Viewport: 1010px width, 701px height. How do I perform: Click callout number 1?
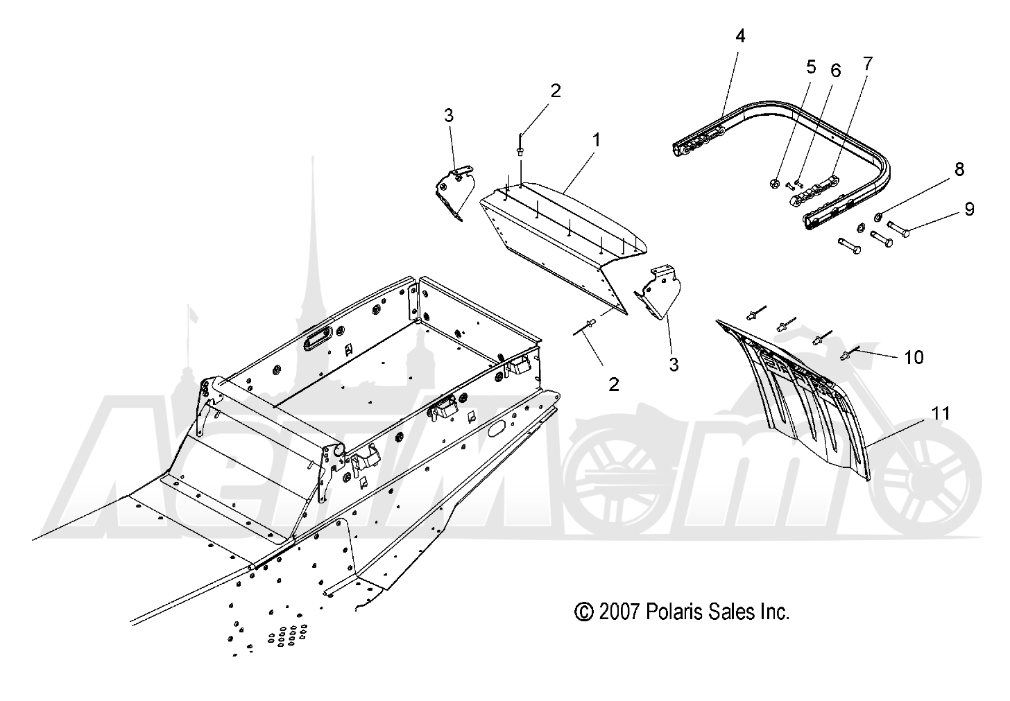[x=597, y=140]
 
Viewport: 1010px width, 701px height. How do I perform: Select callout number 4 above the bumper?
[x=740, y=35]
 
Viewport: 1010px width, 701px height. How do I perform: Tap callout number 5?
[x=811, y=67]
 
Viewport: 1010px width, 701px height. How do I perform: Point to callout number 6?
[x=835, y=70]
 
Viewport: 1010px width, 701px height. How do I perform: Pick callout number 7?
[x=867, y=64]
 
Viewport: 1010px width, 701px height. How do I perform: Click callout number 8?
[x=959, y=169]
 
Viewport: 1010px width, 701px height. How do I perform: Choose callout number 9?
[x=969, y=209]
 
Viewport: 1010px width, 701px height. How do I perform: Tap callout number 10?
[x=914, y=357]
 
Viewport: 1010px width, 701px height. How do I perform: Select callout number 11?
[x=941, y=413]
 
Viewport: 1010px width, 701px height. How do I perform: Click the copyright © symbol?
[x=584, y=613]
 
